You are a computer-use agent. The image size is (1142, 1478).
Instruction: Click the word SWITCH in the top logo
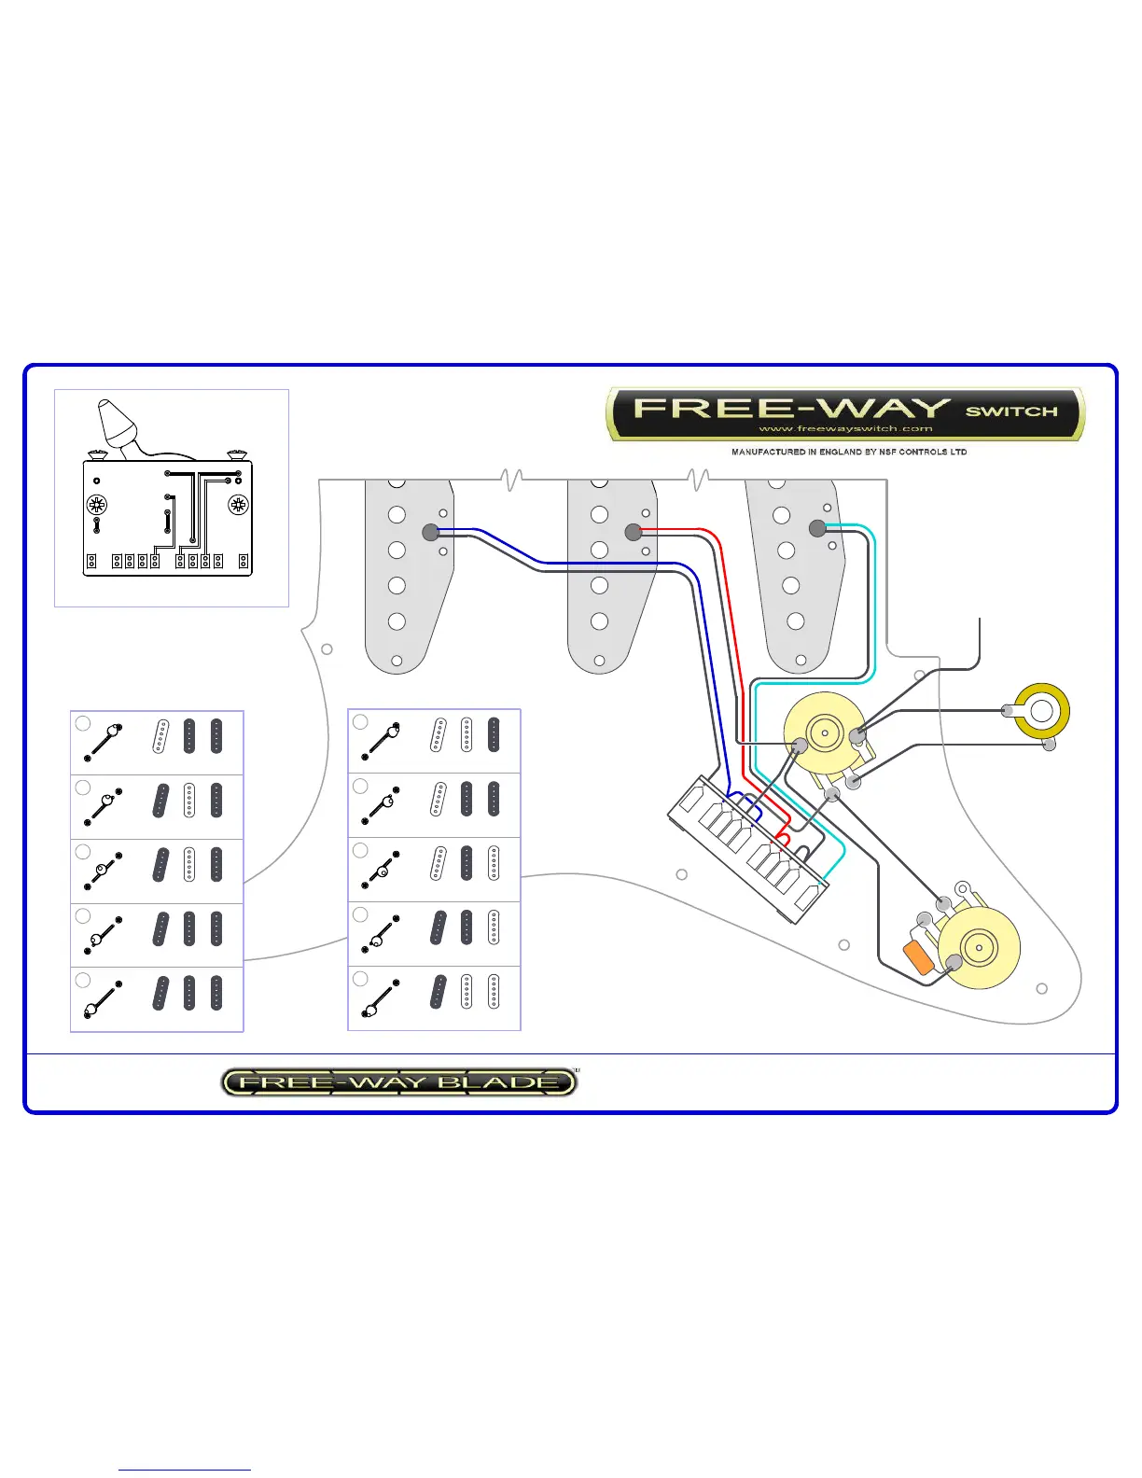(1011, 411)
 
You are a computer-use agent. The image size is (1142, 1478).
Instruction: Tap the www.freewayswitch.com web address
(845, 429)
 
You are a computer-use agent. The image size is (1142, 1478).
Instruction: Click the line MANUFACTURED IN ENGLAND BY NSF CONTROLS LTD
(848, 452)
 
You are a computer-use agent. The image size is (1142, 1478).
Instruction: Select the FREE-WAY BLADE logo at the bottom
(399, 1082)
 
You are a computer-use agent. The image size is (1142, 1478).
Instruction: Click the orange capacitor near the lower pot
(919, 958)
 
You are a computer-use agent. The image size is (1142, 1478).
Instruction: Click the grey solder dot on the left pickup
(430, 532)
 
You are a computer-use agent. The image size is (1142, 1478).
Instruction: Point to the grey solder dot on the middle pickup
(634, 532)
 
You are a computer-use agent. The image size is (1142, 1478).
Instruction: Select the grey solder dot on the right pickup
(817, 528)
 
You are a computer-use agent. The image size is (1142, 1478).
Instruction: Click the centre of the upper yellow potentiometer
(825, 732)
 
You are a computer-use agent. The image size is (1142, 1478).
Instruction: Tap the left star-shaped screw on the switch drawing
(96, 506)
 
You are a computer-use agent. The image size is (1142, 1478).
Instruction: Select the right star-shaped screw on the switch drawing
(239, 506)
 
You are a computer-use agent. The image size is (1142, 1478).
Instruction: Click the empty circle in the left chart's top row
(83, 723)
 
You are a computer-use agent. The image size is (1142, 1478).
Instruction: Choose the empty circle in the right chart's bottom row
(360, 979)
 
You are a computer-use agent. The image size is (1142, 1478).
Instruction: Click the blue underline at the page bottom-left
(185, 1471)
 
